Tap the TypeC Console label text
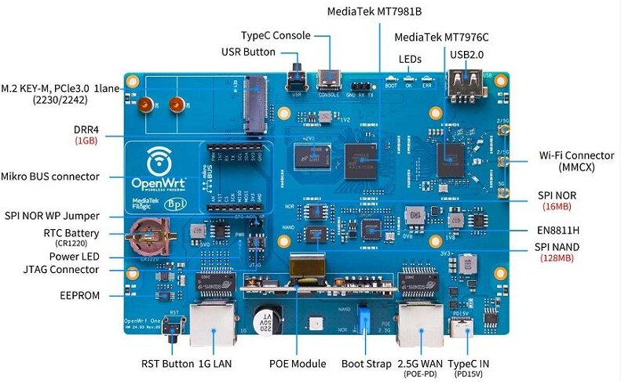coord(276,36)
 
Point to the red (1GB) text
coord(86,141)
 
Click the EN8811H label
coord(559,230)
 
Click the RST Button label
coord(166,363)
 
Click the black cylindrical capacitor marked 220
coord(266,322)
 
